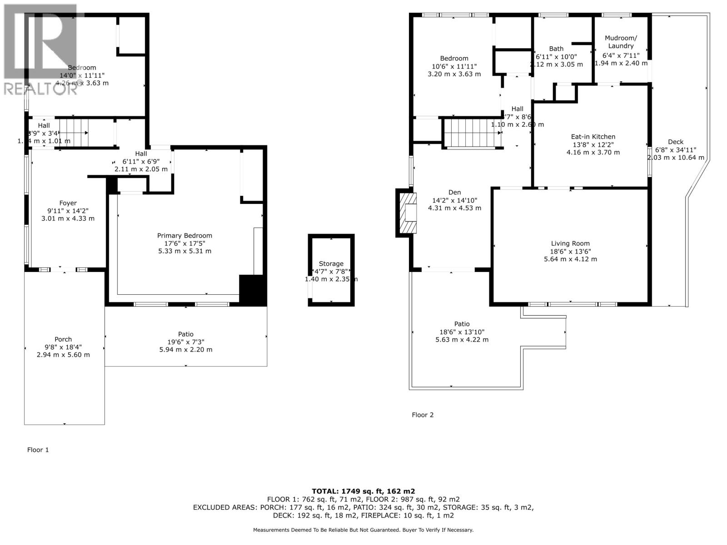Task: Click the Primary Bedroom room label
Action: [184, 236]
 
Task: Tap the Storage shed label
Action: [331, 263]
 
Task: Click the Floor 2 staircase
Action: [473, 133]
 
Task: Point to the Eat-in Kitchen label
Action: [593, 137]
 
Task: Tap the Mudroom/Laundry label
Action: [621, 42]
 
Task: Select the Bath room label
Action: [556, 49]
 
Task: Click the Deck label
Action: [676, 142]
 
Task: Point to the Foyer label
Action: [68, 203]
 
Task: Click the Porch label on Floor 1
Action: [63, 339]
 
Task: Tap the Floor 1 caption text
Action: [38, 450]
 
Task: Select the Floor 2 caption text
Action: [423, 415]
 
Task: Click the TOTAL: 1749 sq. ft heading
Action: [363, 491]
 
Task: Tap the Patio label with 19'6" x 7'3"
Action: [185, 334]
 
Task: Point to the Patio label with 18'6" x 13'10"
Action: [462, 324]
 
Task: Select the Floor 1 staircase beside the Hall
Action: [74, 133]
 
